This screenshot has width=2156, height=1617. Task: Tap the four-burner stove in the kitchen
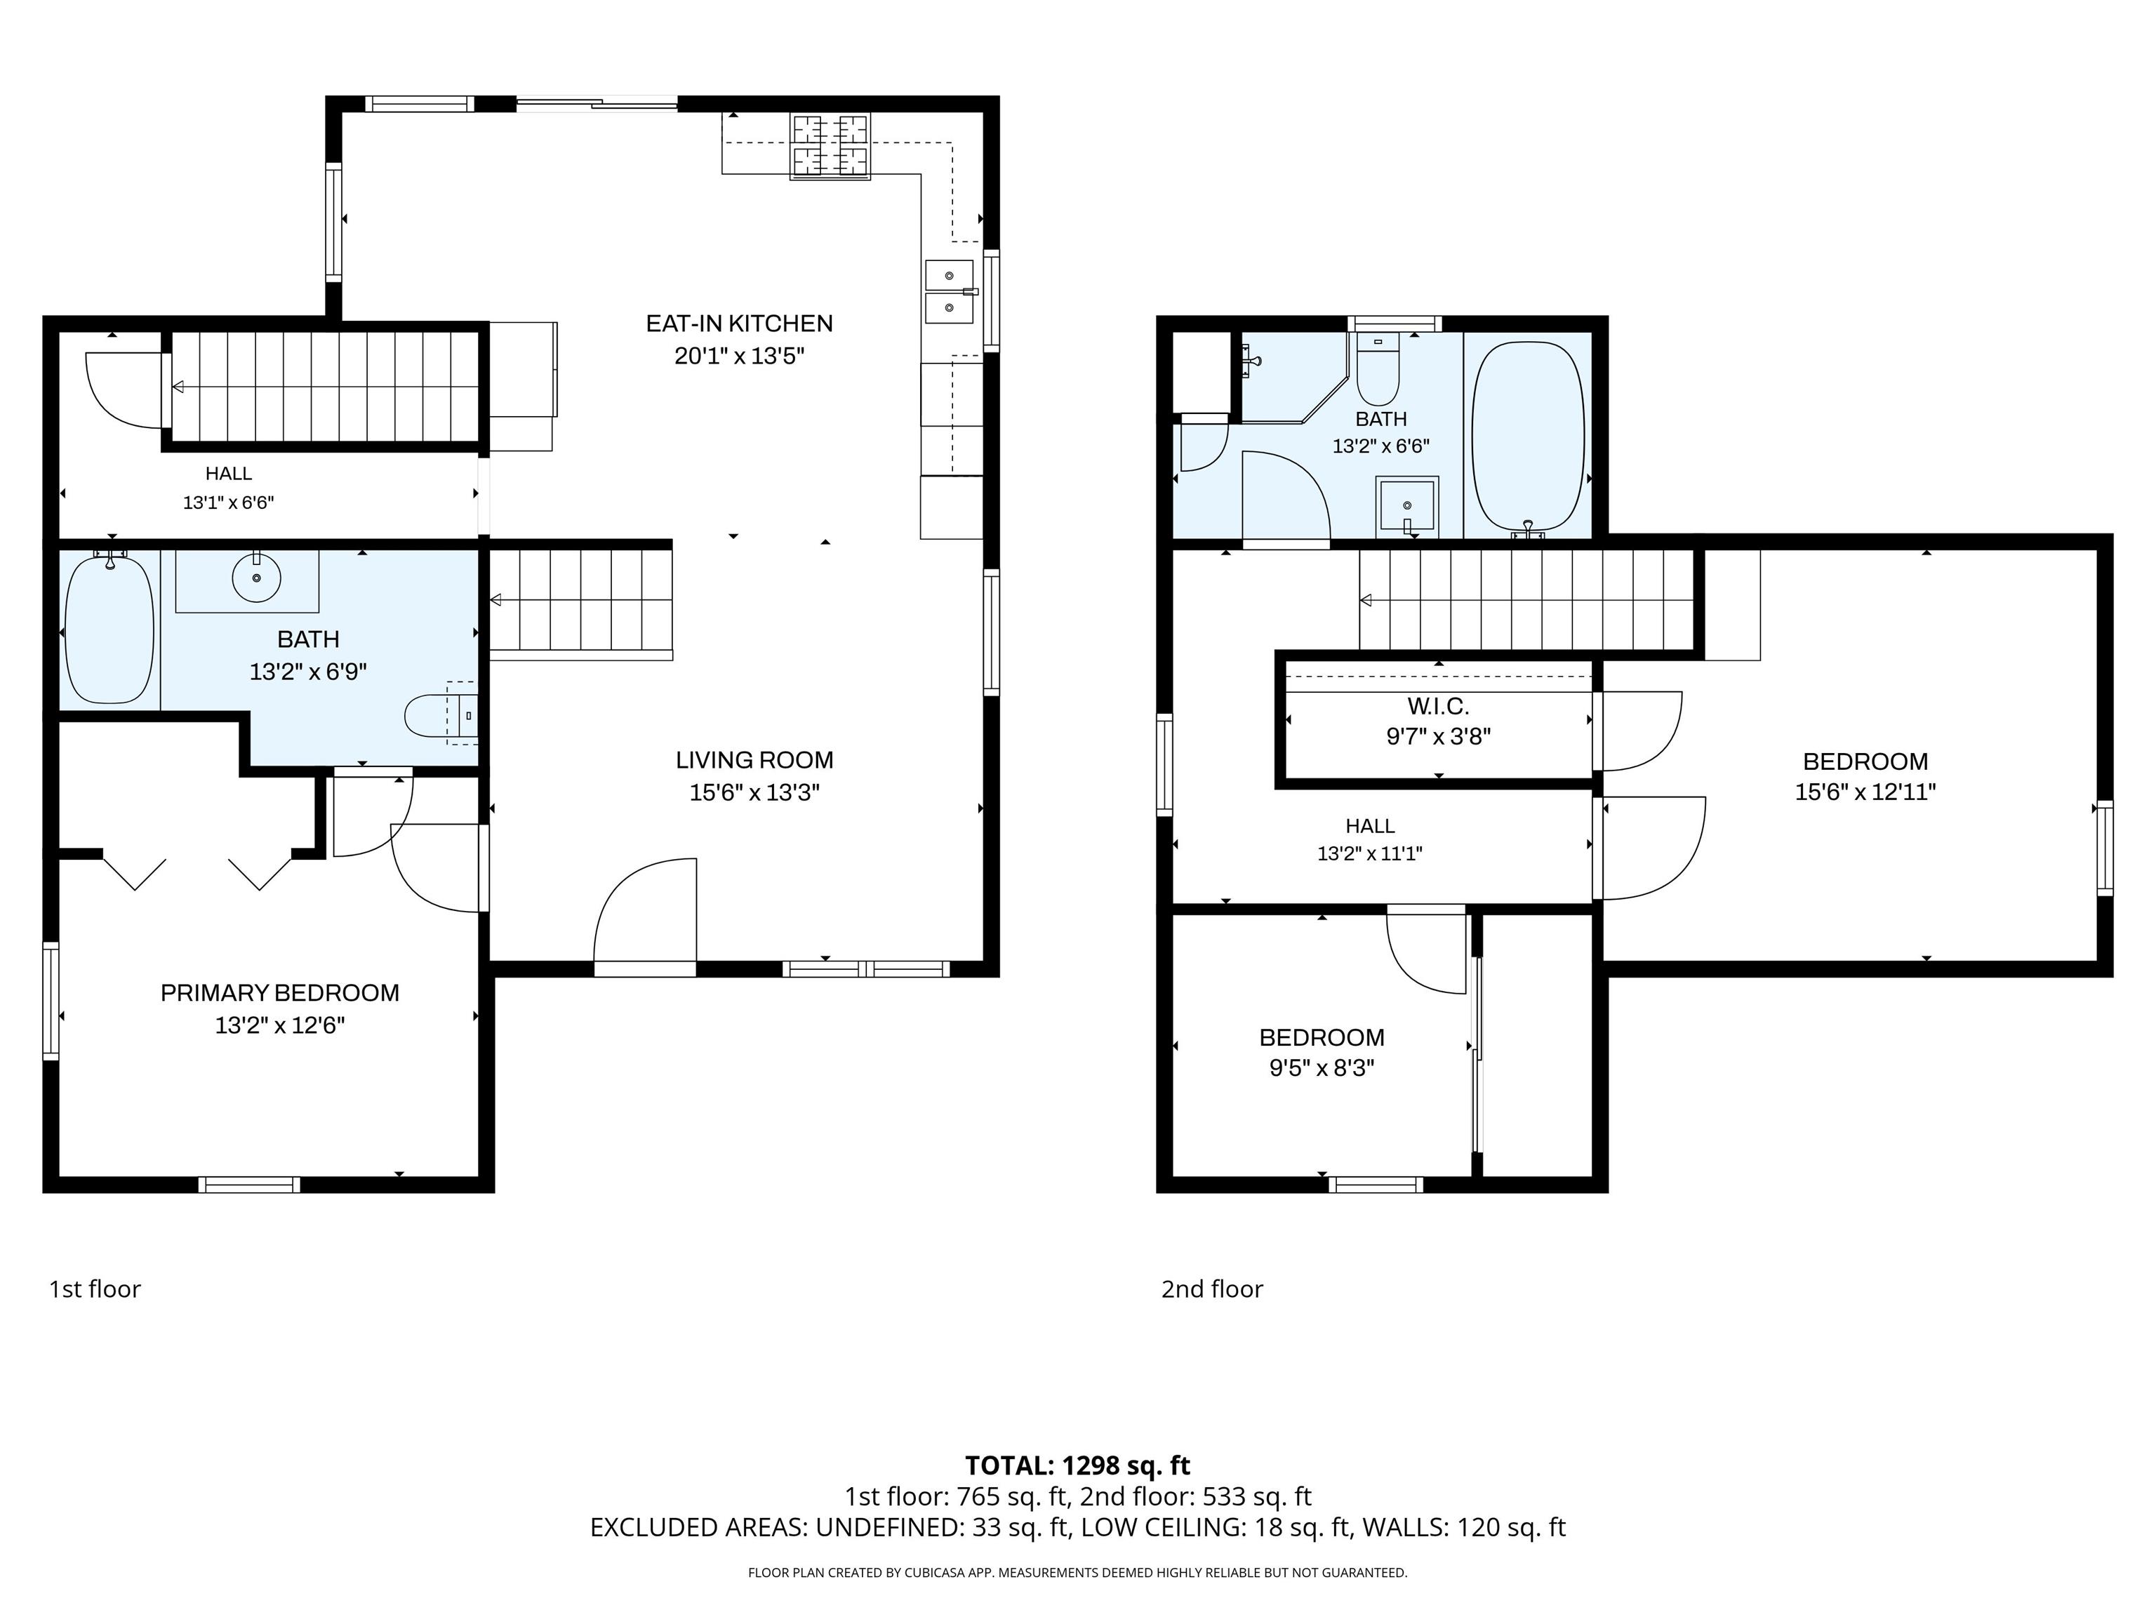[830, 147]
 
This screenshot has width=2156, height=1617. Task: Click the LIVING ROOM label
[754, 759]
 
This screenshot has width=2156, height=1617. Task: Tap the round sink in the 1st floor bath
[256, 578]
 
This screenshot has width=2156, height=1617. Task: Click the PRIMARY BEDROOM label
[280, 992]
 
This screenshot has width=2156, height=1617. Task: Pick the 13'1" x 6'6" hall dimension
[228, 503]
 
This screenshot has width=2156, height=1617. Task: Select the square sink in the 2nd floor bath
[1406, 505]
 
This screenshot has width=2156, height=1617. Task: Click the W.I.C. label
[1437, 705]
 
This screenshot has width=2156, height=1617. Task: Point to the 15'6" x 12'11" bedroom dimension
[1865, 792]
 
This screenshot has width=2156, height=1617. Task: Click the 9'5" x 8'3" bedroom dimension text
[1322, 1068]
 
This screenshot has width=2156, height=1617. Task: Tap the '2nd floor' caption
[1211, 1289]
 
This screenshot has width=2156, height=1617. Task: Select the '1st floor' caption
[95, 1289]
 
